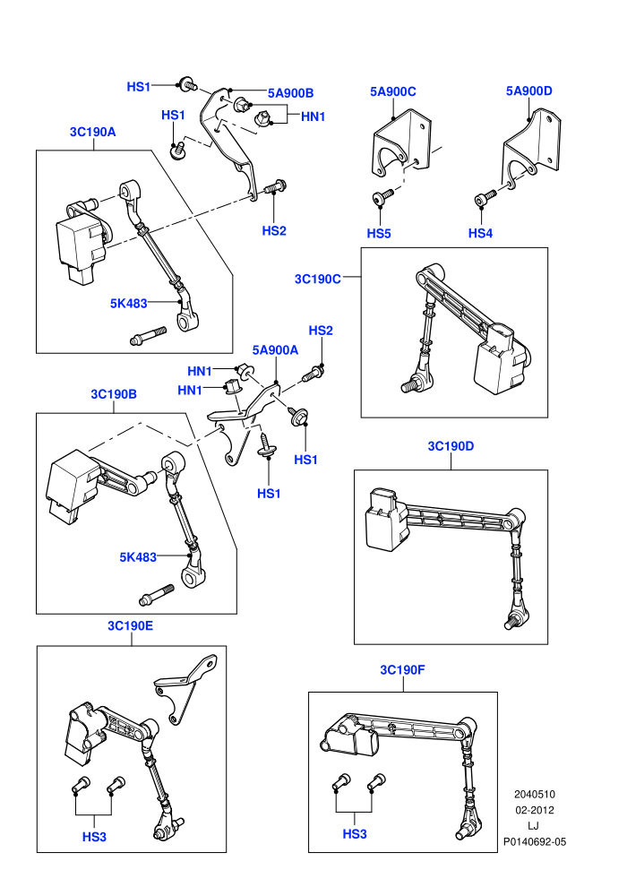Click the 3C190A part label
[93, 132]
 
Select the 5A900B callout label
[290, 93]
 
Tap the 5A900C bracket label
[393, 91]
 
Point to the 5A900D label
[529, 91]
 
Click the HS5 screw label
[379, 234]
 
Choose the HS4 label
[481, 233]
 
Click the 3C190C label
[318, 279]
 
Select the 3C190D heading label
[451, 446]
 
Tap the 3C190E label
[131, 625]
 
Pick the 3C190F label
[402, 670]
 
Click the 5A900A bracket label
[275, 350]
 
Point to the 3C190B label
[114, 394]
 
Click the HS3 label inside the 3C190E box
[94, 837]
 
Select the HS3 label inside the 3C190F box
[355, 834]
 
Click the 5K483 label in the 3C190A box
[129, 303]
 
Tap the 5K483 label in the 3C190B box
[138, 557]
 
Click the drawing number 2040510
[535, 795]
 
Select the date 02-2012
[535, 810]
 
